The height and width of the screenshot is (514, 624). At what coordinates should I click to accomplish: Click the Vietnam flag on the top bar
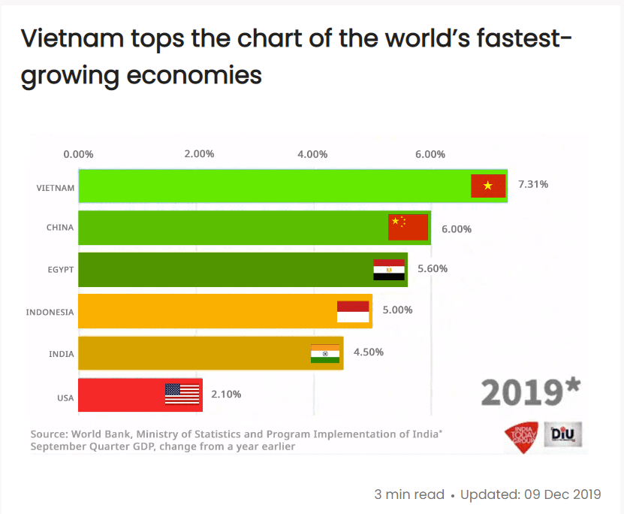pyautogui.click(x=488, y=186)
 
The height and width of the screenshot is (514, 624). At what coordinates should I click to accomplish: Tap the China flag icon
pyautogui.click(x=408, y=227)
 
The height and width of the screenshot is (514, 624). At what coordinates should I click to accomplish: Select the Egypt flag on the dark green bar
pyautogui.click(x=389, y=270)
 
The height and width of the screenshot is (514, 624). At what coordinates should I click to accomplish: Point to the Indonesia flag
pyautogui.click(x=353, y=312)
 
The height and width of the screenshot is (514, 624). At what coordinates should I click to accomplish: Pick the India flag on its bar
pyautogui.click(x=325, y=353)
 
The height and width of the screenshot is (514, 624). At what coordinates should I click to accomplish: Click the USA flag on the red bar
pyautogui.click(x=182, y=394)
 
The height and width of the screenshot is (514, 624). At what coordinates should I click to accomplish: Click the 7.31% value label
pyautogui.click(x=533, y=184)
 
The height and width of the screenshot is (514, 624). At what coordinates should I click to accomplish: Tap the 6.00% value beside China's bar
pyautogui.click(x=457, y=228)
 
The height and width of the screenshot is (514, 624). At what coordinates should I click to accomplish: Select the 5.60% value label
pyautogui.click(x=433, y=268)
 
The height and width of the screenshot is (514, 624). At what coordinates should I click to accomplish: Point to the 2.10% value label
pyautogui.click(x=226, y=394)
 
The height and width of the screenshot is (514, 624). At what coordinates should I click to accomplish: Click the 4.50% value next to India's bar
pyautogui.click(x=368, y=352)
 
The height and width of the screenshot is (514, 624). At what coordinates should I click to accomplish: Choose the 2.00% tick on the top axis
pyautogui.click(x=199, y=154)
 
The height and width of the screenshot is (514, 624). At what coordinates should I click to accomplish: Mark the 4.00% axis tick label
pyautogui.click(x=312, y=154)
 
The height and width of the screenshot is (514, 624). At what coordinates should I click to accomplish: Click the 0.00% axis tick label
pyautogui.click(x=78, y=154)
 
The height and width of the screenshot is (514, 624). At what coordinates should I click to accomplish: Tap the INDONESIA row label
pyautogui.click(x=50, y=312)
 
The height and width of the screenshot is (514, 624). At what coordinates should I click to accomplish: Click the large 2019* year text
pyautogui.click(x=530, y=392)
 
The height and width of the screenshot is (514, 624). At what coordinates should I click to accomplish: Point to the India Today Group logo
pyautogui.click(x=521, y=434)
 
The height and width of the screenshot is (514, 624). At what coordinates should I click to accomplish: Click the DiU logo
pyautogui.click(x=563, y=434)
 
